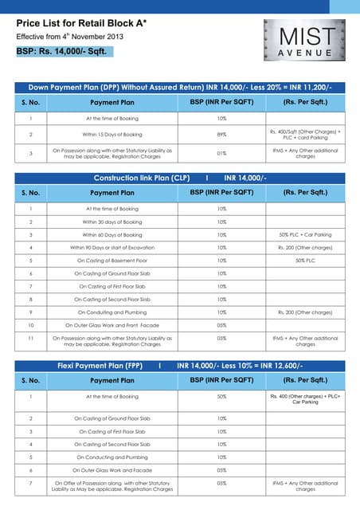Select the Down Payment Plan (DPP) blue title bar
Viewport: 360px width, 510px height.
point(180,86)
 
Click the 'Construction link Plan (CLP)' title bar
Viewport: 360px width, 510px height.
point(180,178)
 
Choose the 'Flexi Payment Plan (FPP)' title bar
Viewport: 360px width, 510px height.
point(180,365)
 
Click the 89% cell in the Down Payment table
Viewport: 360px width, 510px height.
point(221,135)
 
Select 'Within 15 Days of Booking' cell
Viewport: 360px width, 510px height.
point(112,135)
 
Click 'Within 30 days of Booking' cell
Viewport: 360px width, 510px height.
point(112,222)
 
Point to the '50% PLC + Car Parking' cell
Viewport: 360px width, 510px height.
point(305,235)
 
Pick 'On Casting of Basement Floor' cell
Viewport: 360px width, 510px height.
point(112,261)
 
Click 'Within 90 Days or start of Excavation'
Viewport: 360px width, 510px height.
point(112,248)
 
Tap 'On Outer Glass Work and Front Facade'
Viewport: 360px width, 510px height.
point(112,325)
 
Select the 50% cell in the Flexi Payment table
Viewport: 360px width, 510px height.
point(221,396)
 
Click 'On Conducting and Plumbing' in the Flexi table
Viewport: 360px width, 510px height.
point(112,457)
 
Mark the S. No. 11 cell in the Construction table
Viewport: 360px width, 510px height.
point(30,339)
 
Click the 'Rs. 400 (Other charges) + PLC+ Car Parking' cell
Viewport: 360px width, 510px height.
point(305,399)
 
